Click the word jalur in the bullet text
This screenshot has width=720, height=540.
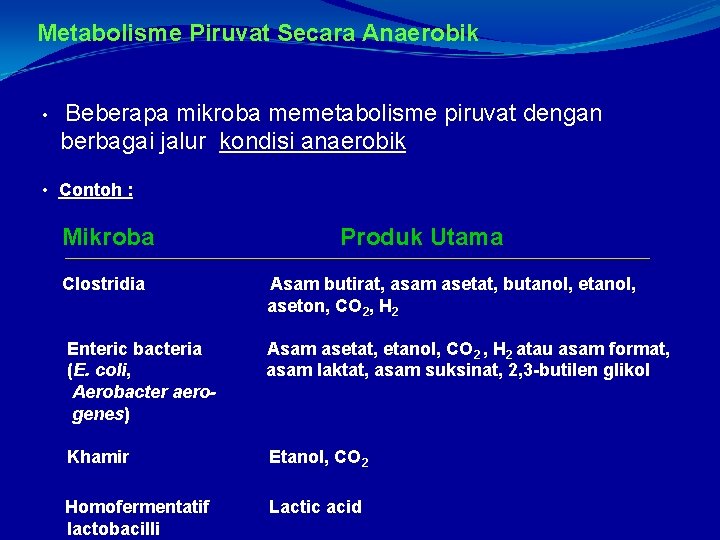point(184,142)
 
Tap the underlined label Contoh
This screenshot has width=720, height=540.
point(92,190)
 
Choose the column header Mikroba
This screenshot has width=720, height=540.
point(108,237)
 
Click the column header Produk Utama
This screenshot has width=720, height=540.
point(421,237)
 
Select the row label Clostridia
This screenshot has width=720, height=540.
point(103,284)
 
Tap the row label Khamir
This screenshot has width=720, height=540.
point(98,457)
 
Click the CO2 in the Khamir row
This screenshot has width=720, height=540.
point(351,458)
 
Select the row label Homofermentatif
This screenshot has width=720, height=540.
point(137,507)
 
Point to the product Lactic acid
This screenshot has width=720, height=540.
point(315,507)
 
